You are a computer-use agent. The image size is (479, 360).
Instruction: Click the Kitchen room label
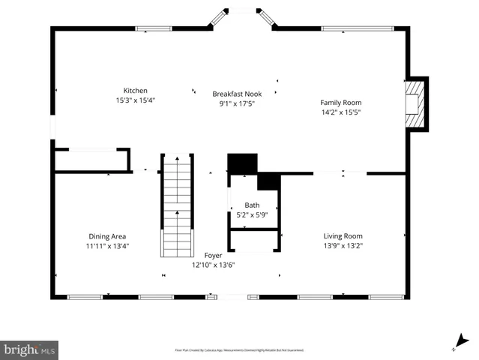click(x=136, y=90)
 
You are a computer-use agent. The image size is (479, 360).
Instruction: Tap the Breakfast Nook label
click(x=237, y=94)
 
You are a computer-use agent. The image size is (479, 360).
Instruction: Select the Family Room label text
click(x=340, y=103)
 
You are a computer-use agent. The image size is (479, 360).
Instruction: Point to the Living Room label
click(x=343, y=235)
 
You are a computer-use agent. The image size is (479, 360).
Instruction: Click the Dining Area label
click(x=107, y=236)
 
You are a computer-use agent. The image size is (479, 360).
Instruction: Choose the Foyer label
click(x=214, y=256)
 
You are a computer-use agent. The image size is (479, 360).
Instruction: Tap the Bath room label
click(x=252, y=205)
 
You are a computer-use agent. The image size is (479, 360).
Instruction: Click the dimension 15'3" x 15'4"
click(x=136, y=100)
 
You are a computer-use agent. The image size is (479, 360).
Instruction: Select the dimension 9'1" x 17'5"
click(x=237, y=103)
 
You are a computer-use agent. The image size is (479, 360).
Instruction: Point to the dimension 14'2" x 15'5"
click(x=340, y=112)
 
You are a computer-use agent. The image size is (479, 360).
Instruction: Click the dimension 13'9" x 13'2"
click(x=343, y=245)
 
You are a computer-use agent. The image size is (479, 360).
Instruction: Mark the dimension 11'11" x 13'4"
click(x=107, y=246)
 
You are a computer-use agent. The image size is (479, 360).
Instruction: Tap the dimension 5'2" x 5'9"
click(x=252, y=215)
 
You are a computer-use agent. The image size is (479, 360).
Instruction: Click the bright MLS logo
click(x=30, y=349)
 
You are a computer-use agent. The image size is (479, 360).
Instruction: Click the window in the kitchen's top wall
click(x=152, y=29)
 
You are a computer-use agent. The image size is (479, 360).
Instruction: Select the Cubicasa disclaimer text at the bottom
click(x=239, y=350)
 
